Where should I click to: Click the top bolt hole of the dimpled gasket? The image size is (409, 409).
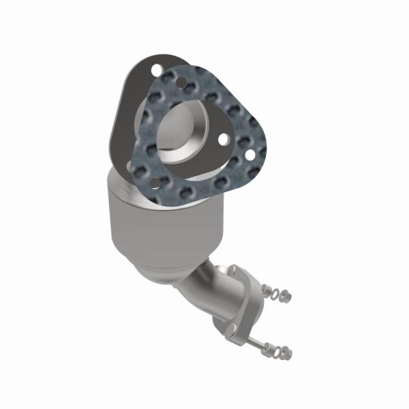pos(181,82)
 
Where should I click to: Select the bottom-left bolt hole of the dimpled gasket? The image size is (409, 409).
pos(154,182)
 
